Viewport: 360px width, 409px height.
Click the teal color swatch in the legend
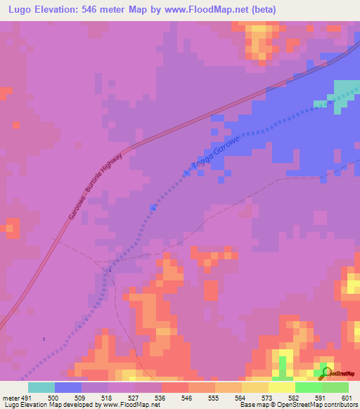[x=41, y=387]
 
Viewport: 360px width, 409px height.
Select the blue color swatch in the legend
[x=68, y=387]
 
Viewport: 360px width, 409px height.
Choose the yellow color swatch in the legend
[x=281, y=387]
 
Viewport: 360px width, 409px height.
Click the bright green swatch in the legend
[x=308, y=387]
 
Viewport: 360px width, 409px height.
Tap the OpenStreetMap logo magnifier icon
[x=325, y=372]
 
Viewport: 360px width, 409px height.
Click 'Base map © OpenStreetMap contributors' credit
[x=299, y=405]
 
